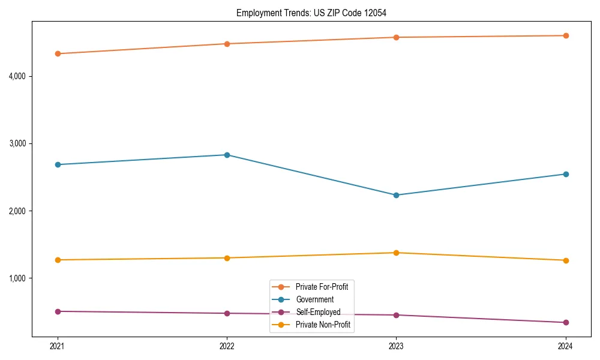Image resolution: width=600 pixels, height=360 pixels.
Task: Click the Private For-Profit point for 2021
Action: pos(58,53)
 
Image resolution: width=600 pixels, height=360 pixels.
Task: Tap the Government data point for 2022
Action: pos(227,155)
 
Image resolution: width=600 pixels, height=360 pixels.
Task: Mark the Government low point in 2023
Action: pos(396,195)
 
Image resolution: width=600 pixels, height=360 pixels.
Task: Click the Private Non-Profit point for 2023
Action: pos(396,253)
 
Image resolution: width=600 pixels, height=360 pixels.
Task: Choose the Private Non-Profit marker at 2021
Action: pos(58,260)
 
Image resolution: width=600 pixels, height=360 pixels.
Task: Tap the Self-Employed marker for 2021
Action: pos(58,311)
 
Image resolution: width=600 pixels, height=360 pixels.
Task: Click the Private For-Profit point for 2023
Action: pos(396,37)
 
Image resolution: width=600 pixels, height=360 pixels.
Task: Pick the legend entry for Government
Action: pos(314,299)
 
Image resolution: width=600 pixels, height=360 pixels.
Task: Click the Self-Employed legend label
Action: pos(318,312)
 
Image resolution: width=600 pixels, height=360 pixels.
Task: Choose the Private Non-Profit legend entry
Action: pos(323,325)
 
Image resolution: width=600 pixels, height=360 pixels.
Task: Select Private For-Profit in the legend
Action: pos(322,287)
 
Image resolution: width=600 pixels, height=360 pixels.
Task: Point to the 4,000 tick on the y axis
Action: pos(21,76)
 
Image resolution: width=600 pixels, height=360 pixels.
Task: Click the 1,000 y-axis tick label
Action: pos(21,278)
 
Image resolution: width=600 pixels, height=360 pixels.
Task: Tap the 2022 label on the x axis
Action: pos(227,346)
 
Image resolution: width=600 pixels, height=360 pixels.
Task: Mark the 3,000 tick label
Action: pos(21,143)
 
